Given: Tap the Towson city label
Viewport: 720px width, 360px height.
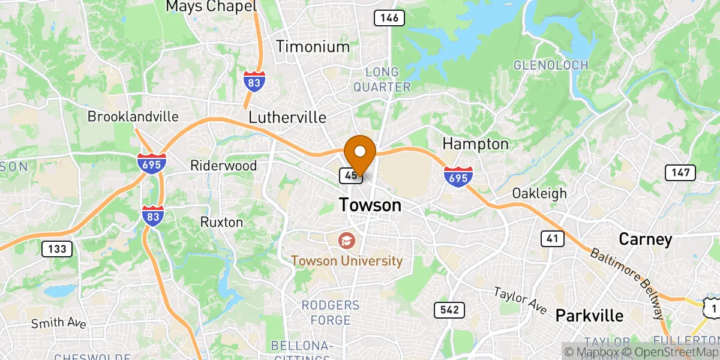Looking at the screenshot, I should [x=370, y=205].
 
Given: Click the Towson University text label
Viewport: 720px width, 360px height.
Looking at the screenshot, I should [x=347, y=261].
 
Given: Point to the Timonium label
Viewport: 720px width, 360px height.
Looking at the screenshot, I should [x=312, y=47].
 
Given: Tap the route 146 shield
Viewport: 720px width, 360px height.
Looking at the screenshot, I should [x=388, y=18].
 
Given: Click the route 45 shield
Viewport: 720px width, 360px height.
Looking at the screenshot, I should [x=350, y=175].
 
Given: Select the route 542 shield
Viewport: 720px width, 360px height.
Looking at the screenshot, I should [x=449, y=310].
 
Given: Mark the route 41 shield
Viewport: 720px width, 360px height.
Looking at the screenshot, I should [x=553, y=239].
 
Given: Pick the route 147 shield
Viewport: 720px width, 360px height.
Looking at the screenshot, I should [x=680, y=173].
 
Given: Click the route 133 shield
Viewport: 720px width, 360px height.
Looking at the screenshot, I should [x=57, y=248].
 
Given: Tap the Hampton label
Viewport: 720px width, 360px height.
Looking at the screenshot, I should [x=475, y=144].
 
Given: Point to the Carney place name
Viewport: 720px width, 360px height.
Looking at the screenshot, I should [x=645, y=239].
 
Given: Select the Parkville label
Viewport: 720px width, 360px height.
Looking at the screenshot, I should [x=589, y=315].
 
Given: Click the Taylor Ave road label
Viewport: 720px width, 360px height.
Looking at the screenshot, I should [x=520, y=300].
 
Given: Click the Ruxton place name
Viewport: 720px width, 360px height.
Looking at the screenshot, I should [x=222, y=222].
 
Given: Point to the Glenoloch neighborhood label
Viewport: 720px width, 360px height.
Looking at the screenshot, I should [x=550, y=65].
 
